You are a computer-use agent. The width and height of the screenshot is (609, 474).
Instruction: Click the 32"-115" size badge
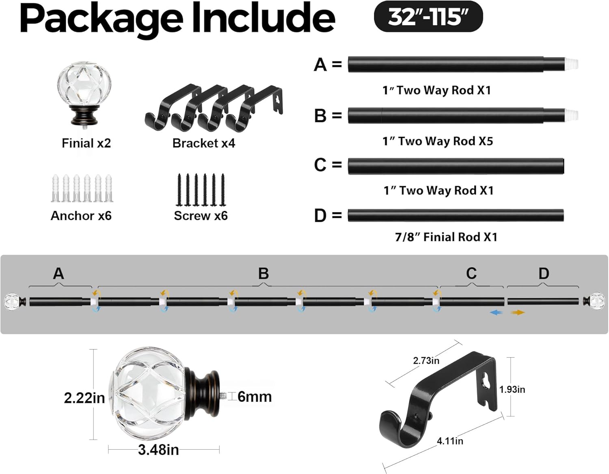[428, 17]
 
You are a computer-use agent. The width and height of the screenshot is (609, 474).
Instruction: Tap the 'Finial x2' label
[86, 143]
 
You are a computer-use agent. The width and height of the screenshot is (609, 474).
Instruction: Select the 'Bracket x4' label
[203, 143]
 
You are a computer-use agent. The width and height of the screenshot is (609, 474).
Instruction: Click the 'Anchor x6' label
[81, 216]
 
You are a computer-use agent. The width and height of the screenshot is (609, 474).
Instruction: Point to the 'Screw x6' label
[201, 216]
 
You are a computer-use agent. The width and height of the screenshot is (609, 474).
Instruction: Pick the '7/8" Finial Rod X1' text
[446, 237]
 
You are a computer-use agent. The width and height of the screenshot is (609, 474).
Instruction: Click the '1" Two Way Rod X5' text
[437, 141]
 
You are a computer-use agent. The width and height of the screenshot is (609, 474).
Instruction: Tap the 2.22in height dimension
[84, 398]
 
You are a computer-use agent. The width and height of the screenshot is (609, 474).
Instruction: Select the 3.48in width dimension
[158, 450]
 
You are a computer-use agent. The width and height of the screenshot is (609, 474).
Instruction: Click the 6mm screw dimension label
[255, 397]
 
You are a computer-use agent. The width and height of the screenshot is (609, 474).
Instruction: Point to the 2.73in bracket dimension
[426, 360]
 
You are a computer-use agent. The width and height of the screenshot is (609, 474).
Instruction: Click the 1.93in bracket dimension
[512, 389]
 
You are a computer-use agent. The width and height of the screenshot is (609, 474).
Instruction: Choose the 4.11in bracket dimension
[450, 441]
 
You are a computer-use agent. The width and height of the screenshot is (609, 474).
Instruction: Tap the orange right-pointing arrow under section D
[518, 313]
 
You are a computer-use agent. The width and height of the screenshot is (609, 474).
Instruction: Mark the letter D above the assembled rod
[544, 274]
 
